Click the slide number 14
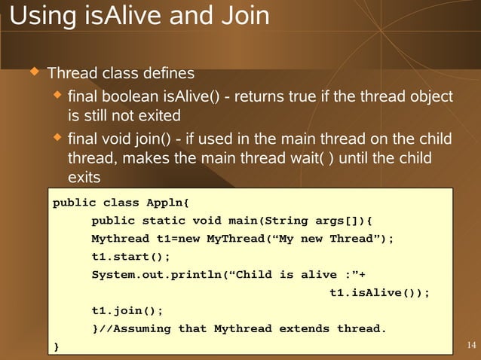[x=471, y=346]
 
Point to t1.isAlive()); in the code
[x=380, y=293]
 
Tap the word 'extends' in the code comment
[x=305, y=328]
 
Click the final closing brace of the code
[x=54, y=346]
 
